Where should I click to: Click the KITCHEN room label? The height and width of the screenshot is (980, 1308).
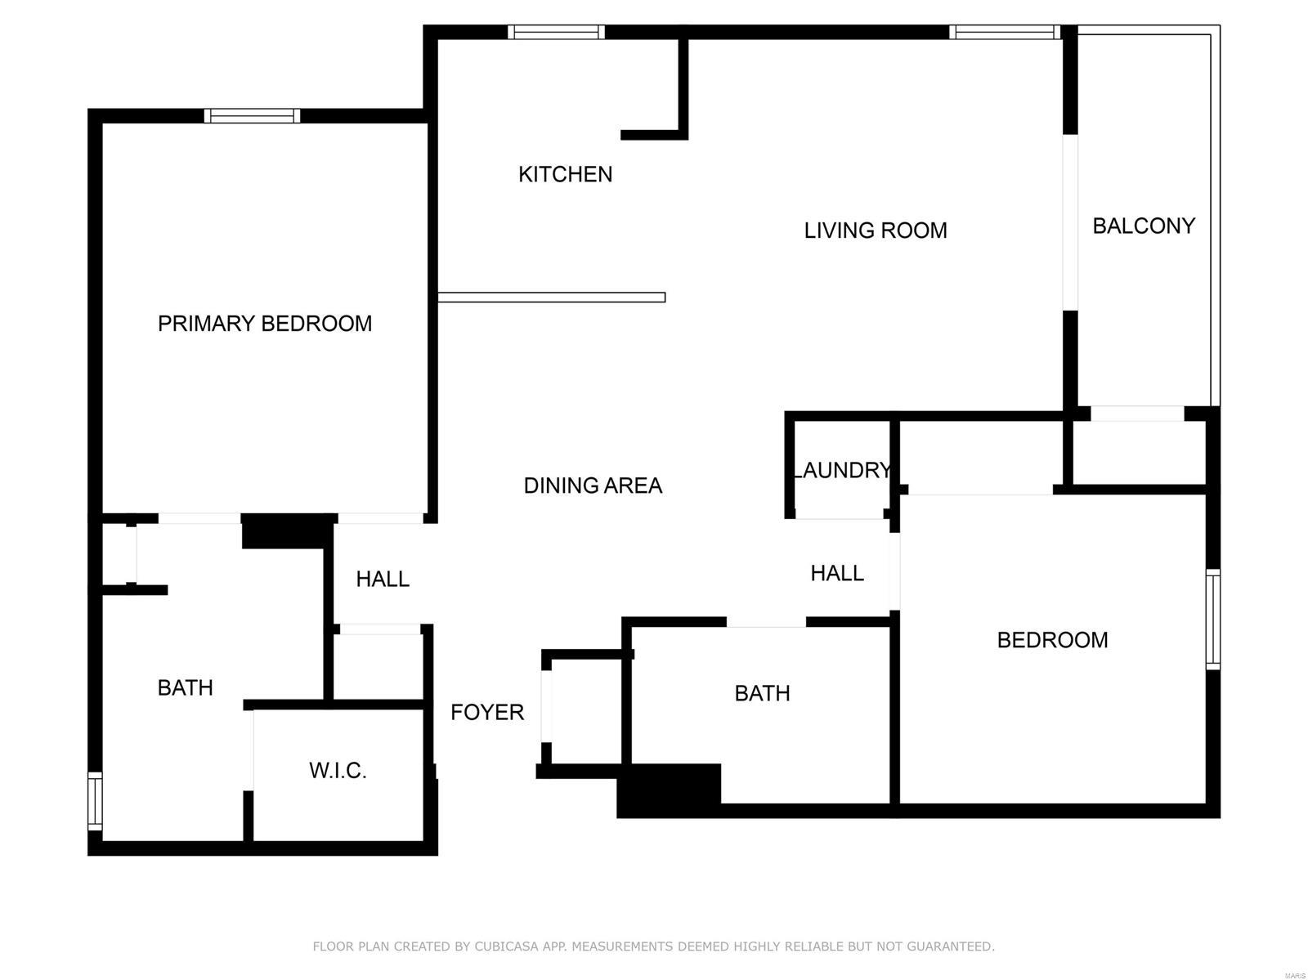click(x=565, y=174)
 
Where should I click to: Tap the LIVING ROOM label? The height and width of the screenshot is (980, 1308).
click(x=875, y=230)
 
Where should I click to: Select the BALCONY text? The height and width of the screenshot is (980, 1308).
click(x=1144, y=226)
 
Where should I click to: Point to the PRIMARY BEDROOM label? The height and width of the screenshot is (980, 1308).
click(x=265, y=324)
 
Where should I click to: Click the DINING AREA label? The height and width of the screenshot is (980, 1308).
click(x=593, y=486)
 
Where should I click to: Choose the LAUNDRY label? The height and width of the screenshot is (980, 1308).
click(x=842, y=470)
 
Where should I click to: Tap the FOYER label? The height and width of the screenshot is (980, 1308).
click(x=487, y=712)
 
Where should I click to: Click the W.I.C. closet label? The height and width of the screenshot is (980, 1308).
click(x=338, y=770)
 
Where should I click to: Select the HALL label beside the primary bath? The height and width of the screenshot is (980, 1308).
click(x=383, y=579)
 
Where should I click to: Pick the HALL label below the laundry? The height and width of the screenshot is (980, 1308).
click(x=836, y=573)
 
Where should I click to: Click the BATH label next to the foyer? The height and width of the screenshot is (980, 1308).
click(x=762, y=693)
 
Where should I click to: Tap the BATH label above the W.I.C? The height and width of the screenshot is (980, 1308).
click(x=185, y=687)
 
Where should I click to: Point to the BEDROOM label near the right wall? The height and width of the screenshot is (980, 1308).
click(x=1052, y=640)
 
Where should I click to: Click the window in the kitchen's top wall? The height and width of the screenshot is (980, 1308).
click(x=556, y=32)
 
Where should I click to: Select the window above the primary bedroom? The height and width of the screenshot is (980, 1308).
click(x=252, y=115)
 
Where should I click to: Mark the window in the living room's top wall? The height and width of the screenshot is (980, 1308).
click(x=1005, y=32)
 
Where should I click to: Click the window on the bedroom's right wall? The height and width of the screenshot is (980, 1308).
click(x=1213, y=619)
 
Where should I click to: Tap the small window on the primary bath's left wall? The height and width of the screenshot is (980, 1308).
click(x=95, y=801)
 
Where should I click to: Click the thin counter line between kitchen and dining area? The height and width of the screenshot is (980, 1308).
click(x=551, y=298)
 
